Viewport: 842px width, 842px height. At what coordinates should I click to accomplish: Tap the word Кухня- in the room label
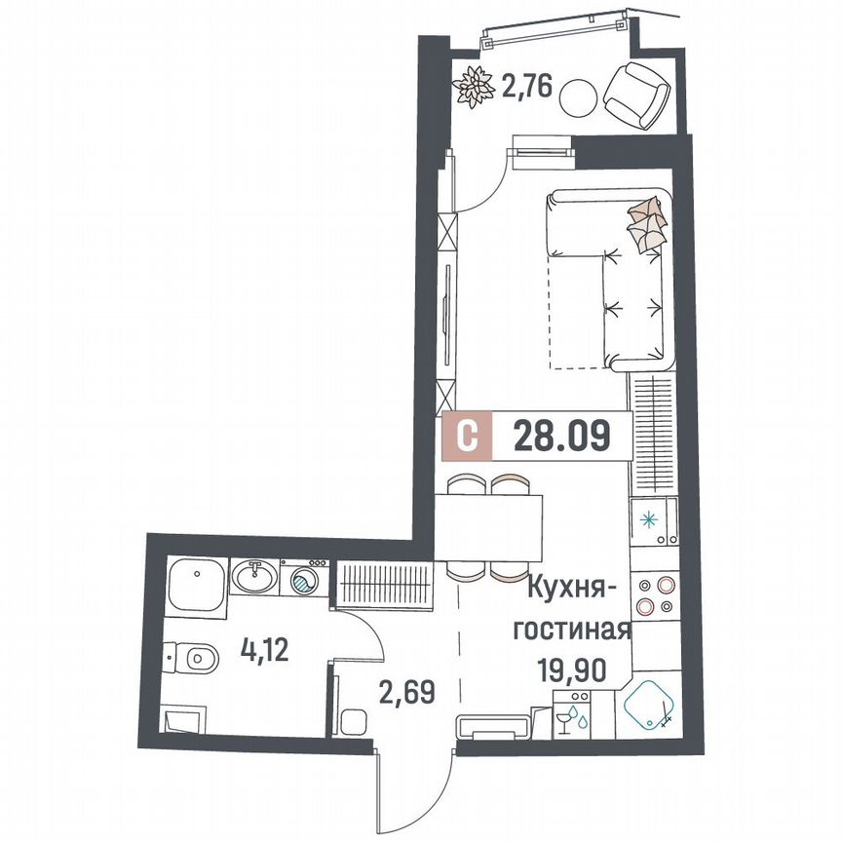point(578,592)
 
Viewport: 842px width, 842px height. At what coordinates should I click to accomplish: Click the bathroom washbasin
point(255,577)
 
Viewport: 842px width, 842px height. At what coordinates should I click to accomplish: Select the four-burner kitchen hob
point(653,594)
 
